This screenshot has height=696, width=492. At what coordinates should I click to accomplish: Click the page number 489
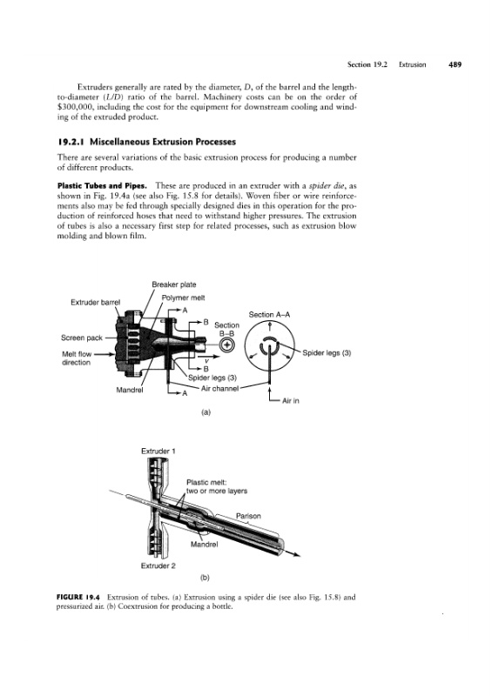(455, 64)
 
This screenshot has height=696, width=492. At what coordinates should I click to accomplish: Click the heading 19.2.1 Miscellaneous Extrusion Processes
(146, 142)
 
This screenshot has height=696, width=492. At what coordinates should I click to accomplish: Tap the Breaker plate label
(174, 284)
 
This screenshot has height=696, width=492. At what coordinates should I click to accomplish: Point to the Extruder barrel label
(96, 302)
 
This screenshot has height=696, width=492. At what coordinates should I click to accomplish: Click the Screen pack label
(82, 338)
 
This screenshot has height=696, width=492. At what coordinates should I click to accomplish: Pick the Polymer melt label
(183, 298)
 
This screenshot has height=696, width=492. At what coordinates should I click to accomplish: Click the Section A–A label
(269, 315)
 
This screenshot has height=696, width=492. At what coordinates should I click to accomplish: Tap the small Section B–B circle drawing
(226, 345)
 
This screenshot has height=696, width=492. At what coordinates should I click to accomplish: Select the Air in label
(291, 401)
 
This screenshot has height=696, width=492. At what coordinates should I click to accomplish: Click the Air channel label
(220, 388)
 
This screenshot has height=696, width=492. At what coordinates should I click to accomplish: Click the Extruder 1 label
(158, 452)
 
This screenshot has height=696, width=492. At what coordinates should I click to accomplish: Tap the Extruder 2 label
(158, 566)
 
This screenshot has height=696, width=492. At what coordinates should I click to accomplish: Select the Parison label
(248, 516)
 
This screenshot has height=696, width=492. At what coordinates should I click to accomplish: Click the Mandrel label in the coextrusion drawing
(204, 545)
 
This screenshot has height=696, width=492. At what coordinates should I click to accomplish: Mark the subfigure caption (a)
(206, 412)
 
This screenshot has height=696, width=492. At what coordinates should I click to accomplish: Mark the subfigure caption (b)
(205, 578)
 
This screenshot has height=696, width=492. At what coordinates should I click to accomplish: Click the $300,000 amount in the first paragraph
(75, 107)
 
